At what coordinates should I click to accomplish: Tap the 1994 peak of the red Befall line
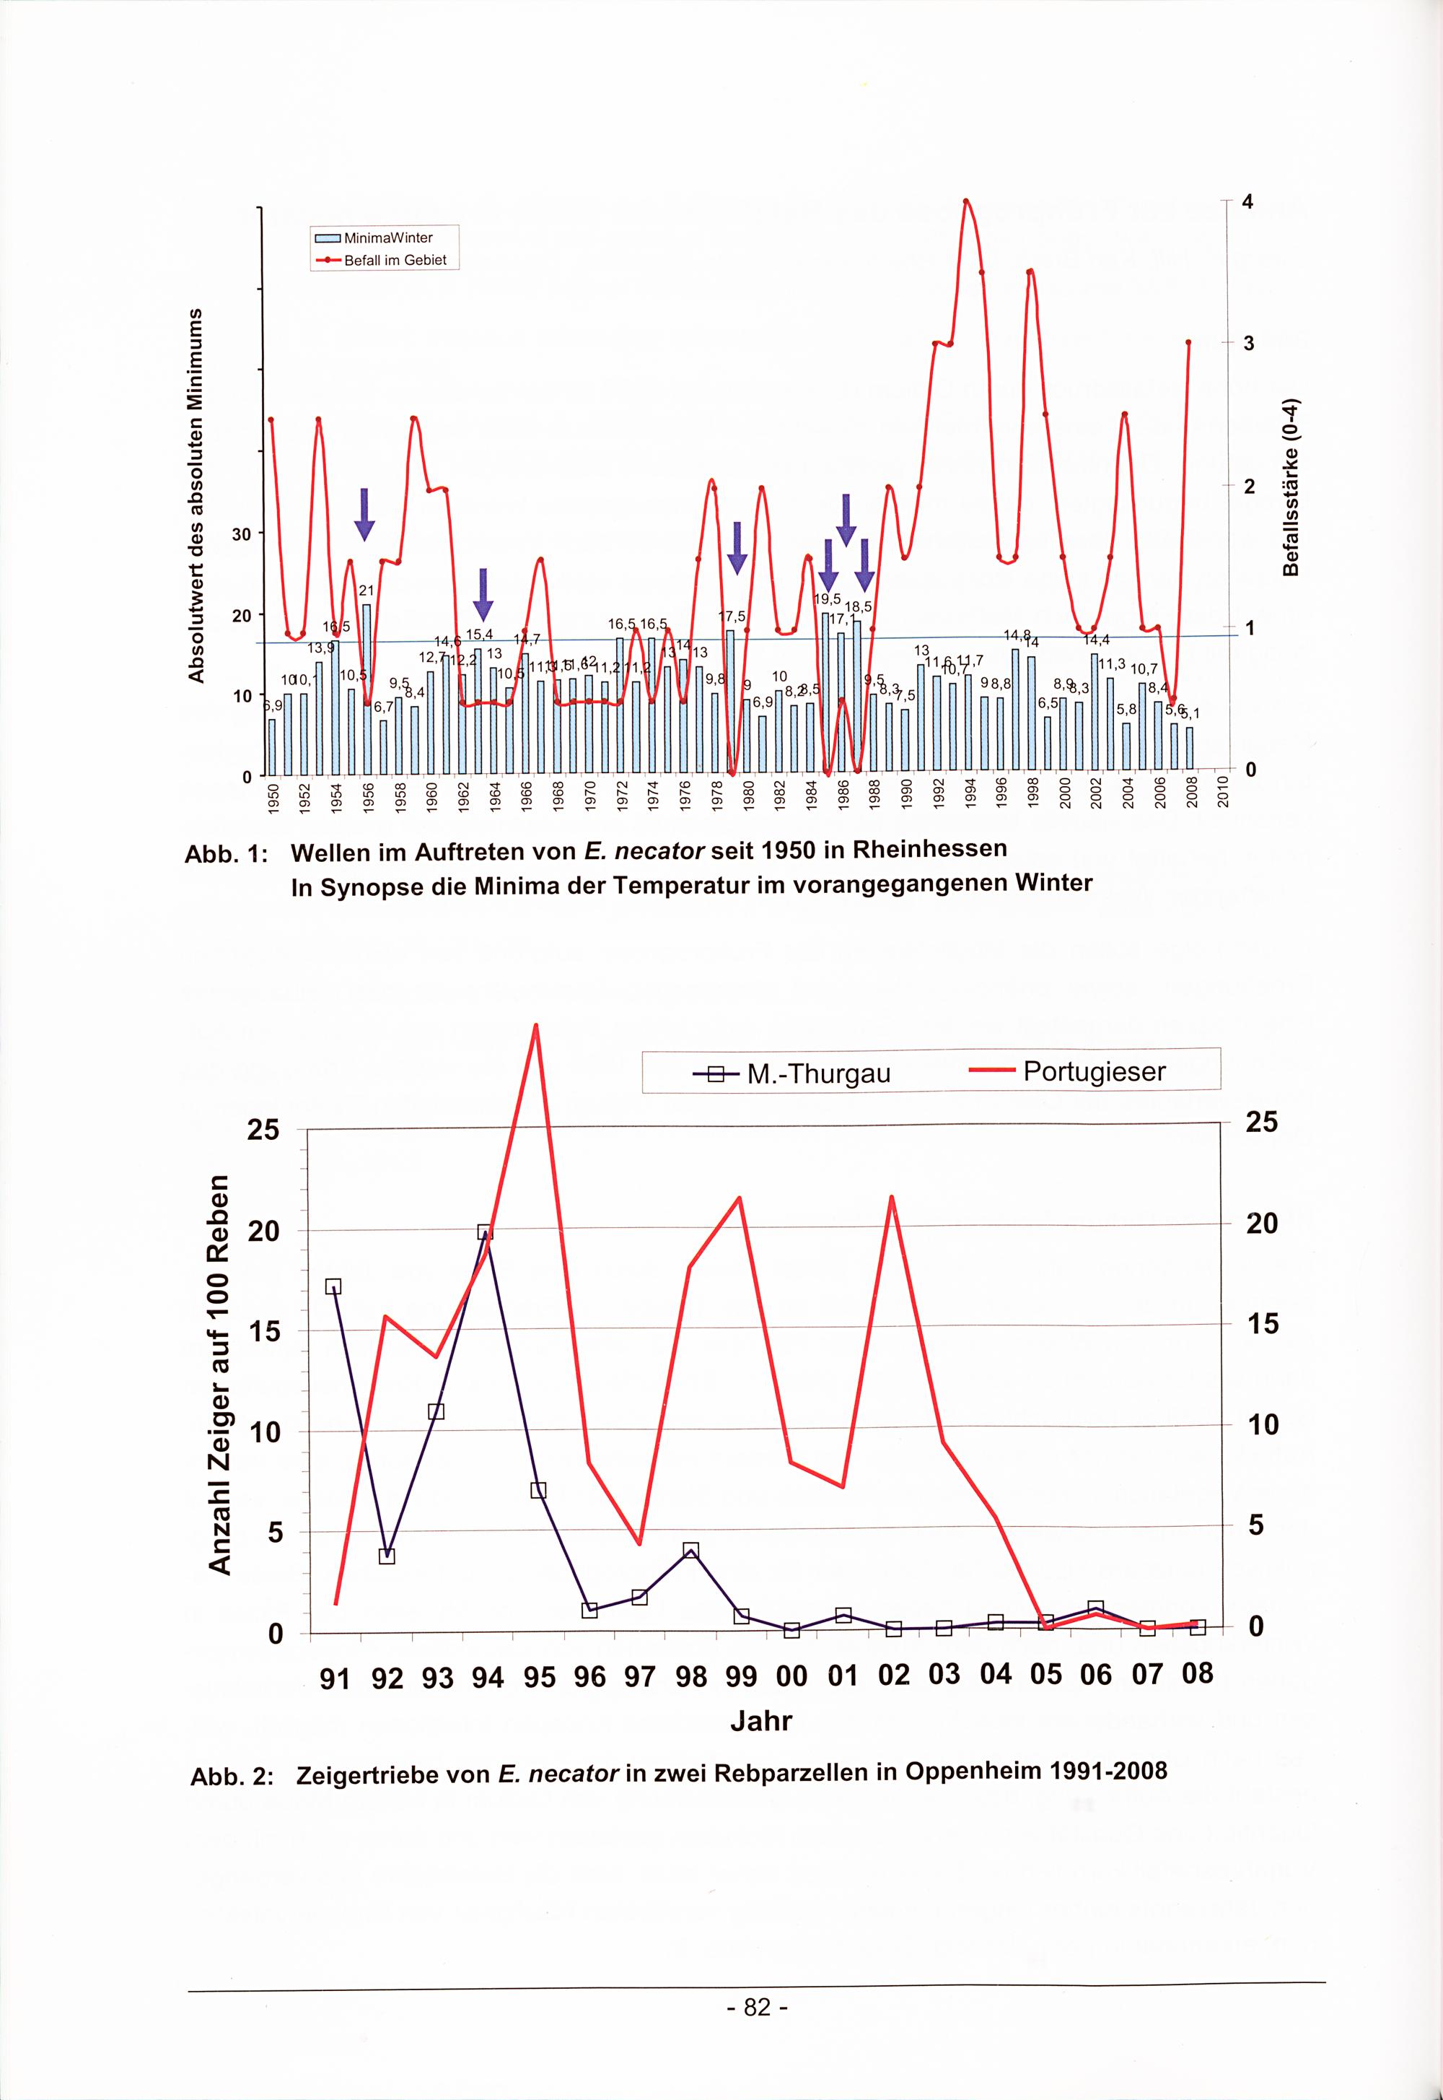(965, 201)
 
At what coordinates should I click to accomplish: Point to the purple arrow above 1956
(364, 514)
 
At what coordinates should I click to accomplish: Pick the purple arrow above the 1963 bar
(483, 594)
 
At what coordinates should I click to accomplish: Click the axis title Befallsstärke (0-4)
(1291, 486)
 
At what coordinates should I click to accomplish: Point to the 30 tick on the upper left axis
(242, 533)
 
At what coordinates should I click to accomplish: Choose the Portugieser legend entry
(1067, 1072)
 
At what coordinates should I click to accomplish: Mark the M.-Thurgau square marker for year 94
(485, 1232)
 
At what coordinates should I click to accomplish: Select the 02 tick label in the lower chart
(893, 1675)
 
